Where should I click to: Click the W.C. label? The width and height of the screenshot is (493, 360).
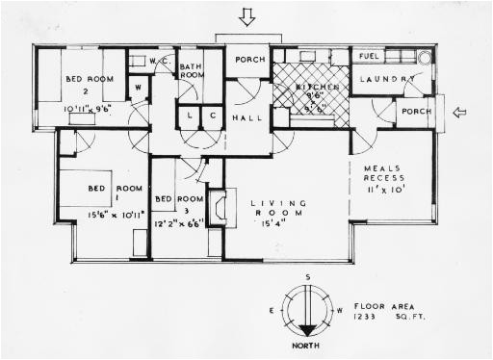point(161,60)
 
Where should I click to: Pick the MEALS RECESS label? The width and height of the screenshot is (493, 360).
point(389,176)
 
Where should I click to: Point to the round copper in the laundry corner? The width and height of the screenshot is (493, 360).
point(425,57)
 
